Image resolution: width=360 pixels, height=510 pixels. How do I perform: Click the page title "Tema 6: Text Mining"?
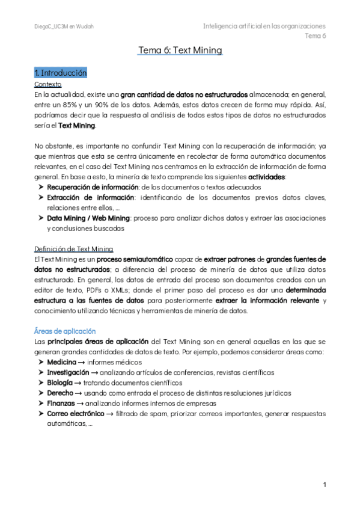pyautogui.click(x=180, y=51)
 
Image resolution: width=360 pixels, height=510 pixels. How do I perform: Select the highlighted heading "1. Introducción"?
pyautogui.click(x=61, y=73)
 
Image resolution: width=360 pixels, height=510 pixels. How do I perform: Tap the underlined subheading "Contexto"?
pyautogui.click(x=48, y=84)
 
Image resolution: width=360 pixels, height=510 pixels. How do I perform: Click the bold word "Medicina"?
pyautogui.click(x=61, y=363)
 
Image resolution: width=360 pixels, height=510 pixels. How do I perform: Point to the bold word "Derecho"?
pyautogui.click(x=61, y=393)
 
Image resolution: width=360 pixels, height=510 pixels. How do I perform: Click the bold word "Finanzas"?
pyautogui.click(x=62, y=403)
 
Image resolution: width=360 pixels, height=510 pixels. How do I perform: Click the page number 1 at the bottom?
pyautogui.click(x=324, y=485)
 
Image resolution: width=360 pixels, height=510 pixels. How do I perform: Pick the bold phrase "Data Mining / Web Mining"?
pyautogui.click(x=88, y=218)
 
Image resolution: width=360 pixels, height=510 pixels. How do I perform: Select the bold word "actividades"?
pyautogui.click(x=267, y=176)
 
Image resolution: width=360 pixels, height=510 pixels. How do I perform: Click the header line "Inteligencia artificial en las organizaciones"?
pyautogui.click(x=264, y=26)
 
